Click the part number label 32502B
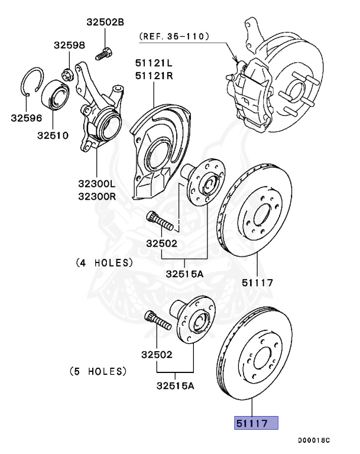[x=105, y=22]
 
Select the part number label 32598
[x=70, y=45]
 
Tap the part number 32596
[x=27, y=118]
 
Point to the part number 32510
[x=53, y=135]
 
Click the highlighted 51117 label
[x=257, y=423]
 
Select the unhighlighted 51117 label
[x=257, y=283]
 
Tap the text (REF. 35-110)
[x=174, y=36]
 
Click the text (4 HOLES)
[x=104, y=262]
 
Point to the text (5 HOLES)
[x=98, y=371]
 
